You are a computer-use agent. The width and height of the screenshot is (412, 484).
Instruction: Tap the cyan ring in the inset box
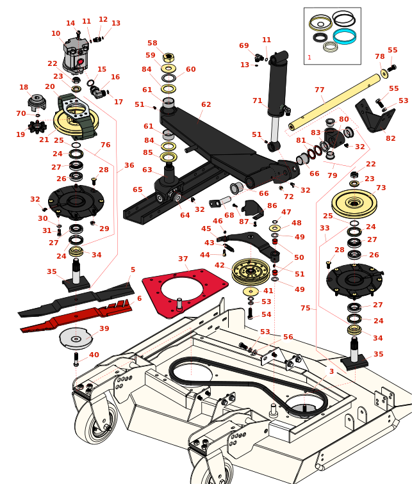pos(344,36)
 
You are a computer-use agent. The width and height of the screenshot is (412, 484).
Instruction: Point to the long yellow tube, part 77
pos(333,102)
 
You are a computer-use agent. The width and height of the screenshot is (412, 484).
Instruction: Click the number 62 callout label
pos(206,104)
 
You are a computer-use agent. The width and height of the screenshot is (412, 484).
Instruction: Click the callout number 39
pos(104,328)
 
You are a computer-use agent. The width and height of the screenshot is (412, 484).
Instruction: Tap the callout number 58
pos(152,44)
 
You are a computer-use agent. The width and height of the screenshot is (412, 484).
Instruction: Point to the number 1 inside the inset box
pos(309,58)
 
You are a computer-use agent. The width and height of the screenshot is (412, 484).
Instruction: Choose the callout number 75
pos(305,308)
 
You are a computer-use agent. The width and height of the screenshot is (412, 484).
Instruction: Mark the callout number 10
pos(56,33)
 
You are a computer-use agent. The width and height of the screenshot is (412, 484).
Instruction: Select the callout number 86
pos(272,206)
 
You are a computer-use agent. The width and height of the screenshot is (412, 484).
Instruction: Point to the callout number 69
pos(243,45)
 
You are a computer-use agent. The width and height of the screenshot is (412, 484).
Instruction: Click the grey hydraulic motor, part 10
pos(76,54)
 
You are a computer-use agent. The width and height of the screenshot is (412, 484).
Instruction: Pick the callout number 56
pos(288,337)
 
